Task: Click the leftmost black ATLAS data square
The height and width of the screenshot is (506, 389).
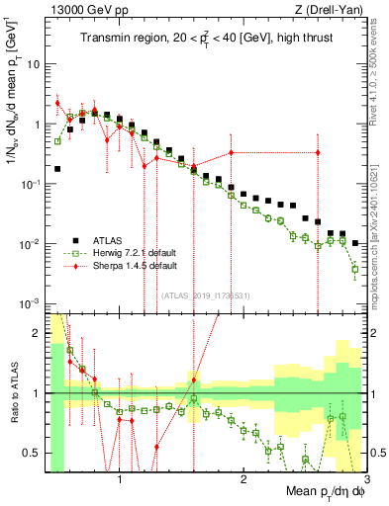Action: coord(57,169)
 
